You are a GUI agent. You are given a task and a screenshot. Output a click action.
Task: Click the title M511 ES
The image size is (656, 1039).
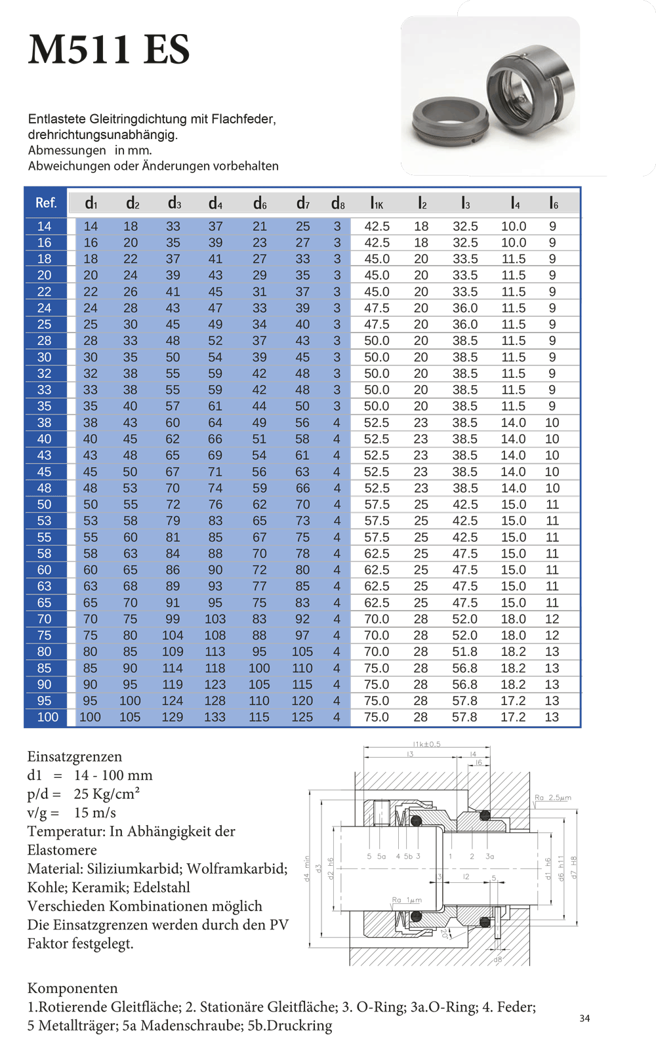click(109, 50)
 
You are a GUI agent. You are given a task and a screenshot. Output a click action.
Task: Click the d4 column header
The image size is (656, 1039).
click(215, 203)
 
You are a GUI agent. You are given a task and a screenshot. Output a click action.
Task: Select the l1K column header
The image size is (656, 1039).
click(377, 203)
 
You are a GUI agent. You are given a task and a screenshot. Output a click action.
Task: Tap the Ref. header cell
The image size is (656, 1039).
click(46, 203)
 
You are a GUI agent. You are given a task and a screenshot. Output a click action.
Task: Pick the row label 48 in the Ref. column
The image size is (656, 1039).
click(44, 488)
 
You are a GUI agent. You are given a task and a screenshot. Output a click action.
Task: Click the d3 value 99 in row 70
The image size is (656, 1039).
click(173, 619)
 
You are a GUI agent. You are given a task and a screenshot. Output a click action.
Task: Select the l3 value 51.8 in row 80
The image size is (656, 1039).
click(464, 652)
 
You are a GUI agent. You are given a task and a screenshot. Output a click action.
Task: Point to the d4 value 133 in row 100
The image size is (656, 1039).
click(215, 718)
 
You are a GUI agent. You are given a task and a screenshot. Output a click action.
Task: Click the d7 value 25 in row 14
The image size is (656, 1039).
click(302, 226)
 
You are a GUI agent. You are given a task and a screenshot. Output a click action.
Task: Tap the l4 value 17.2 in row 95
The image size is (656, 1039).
click(513, 701)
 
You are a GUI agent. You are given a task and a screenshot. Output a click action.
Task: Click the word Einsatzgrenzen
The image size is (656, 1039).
click(74, 757)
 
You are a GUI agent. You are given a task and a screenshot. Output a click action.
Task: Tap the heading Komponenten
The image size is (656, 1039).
click(72, 988)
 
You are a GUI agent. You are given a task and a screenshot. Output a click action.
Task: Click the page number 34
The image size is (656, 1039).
click(584, 1019)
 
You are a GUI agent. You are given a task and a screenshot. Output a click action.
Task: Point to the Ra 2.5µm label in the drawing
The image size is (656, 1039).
click(552, 798)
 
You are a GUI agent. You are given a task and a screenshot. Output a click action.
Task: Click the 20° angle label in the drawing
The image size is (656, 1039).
click(444, 933)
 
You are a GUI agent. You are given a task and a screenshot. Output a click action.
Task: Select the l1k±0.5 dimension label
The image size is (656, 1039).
click(427, 744)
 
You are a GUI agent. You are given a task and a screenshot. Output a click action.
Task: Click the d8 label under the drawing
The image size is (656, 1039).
click(497, 960)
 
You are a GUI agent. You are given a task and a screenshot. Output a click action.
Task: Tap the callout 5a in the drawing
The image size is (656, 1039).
click(381, 856)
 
